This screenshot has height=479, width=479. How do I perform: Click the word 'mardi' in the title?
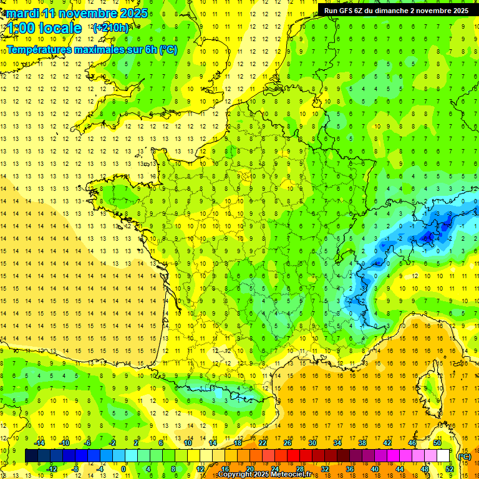[x=22, y=13]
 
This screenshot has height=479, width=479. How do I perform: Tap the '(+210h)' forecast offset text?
[x=111, y=27]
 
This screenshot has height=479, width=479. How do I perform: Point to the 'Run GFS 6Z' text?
[x=346, y=11]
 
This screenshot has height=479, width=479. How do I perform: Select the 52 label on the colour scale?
[x=450, y=468]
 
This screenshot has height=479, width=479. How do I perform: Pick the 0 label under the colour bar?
[x=123, y=468]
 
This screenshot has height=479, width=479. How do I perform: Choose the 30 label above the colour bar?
[x=312, y=443]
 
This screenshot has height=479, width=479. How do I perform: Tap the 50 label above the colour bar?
[x=437, y=443]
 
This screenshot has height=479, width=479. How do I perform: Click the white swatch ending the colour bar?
[x=443, y=456]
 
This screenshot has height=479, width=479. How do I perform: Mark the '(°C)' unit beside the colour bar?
[x=464, y=456]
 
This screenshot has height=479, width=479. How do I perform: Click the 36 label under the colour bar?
[x=350, y=468]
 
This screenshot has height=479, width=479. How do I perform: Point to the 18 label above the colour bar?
[x=238, y=443]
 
